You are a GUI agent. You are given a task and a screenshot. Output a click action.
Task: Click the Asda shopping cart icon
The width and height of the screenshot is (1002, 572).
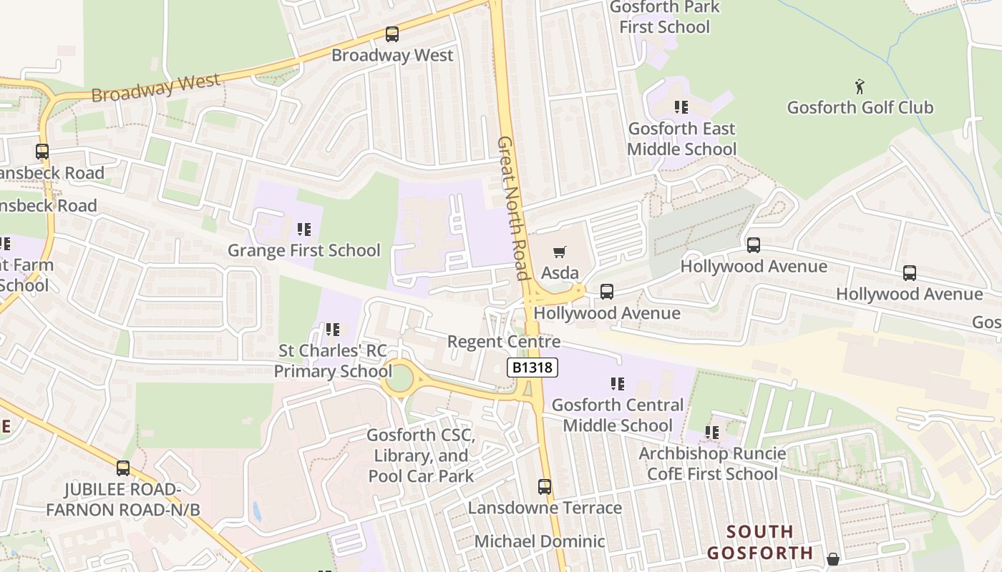(560, 252)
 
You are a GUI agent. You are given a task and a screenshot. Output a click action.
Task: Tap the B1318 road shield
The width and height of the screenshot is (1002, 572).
(532, 368)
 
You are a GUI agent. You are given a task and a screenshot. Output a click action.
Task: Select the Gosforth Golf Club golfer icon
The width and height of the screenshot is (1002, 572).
(860, 87)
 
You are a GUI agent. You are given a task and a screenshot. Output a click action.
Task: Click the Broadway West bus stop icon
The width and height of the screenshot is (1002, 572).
(391, 34)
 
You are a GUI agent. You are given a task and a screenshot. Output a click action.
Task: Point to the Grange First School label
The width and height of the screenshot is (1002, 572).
(303, 250)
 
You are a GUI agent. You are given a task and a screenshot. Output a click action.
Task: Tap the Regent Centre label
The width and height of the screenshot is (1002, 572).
(503, 342)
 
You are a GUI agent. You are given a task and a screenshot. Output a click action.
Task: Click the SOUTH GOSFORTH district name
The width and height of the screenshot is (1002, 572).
(760, 542)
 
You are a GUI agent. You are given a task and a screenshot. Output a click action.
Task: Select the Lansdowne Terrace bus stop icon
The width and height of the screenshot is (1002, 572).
(545, 487)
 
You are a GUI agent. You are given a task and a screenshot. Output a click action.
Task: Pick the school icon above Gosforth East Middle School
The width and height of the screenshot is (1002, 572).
(681, 107)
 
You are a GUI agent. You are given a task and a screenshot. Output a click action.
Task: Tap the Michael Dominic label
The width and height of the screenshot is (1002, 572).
(540, 541)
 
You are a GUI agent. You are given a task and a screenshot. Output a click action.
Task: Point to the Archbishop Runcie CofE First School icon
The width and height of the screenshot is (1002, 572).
(711, 433)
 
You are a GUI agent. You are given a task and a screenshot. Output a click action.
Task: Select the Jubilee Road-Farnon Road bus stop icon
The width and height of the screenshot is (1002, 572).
(123, 468)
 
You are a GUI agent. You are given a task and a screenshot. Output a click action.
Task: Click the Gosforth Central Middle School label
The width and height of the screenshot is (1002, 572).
(617, 415)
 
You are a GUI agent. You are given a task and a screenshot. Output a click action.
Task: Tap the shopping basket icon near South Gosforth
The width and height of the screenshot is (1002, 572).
(832, 558)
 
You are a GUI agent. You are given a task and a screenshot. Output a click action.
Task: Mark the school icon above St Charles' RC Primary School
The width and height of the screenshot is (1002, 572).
(332, 330)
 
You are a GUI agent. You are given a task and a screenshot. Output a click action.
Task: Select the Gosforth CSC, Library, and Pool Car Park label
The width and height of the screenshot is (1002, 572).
(421, 455)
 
